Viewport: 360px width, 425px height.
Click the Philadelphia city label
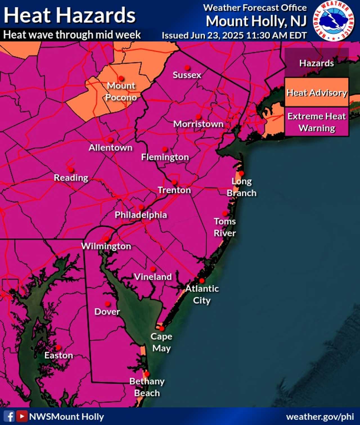coord(141,215)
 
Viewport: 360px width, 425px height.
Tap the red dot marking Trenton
coord(174,182)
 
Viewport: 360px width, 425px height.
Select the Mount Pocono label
coord(121,91)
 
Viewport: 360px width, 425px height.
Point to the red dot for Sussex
coord(187,68)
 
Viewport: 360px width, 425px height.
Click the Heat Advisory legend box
coord(317,93)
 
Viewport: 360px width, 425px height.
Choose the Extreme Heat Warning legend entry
coord(317,122)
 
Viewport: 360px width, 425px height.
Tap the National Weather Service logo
coord(334,21)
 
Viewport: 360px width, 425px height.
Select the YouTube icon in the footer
coord(22,416)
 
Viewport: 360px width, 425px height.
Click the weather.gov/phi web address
coord(320,417)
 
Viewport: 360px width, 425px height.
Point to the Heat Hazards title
coord(69,15)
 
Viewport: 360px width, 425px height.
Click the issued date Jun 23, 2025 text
coord(234,35)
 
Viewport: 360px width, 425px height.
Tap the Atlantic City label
coord(202,294)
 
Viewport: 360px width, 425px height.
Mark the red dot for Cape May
coord(162,328)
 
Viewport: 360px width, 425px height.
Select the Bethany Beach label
coord(147,387)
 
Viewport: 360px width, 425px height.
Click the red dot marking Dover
coord(107,304)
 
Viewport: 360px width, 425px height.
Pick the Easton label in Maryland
coord(59,355)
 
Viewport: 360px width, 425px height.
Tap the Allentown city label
coord(111,148)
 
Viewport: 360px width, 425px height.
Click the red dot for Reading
coord(71,170)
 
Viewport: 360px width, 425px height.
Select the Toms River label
coord(225,227)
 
